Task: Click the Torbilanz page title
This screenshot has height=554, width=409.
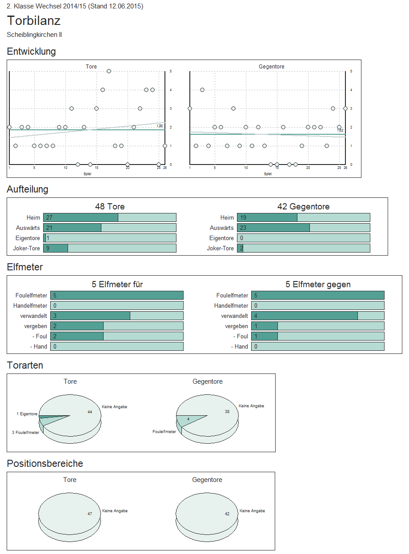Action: pyautogui.click(x=34, y=21)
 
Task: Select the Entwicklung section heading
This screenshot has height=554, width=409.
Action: pyautogui.click(x=31, y=52)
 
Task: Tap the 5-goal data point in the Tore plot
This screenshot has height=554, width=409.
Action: pyautogui.click(x=109, y=71)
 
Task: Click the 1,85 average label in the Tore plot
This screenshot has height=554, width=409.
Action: pyautogui.click(x=160, y=126)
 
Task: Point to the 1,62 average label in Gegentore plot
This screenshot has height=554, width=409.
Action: pyautogui.click(x=340, y=130)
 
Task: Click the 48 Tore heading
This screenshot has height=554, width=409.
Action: pyautogui.click(x=110, y=207)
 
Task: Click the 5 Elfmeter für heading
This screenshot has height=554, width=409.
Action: pyautogui.click(x=117, y=285)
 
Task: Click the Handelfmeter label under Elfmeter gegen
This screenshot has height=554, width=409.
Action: pyautogui.click(x=231, y=306)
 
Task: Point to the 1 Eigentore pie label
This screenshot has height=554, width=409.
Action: pyautogui.click(x=27, y=414)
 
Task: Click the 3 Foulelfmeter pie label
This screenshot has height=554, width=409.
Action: pyautogui.click(x=25, y=432)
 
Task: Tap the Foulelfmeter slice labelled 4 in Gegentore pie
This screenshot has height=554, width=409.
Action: pyautogui.click(x=188, y=419)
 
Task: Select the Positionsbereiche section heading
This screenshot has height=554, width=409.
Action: pyautogui.click(x=45, y=464)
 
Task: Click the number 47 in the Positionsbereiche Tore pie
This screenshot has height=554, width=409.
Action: pyautogui.click(x=90, y=514)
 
